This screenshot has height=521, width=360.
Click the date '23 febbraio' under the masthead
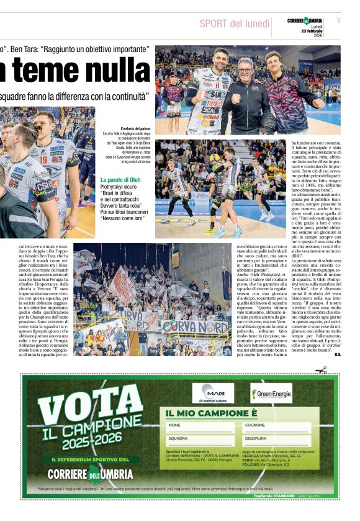point(312,32)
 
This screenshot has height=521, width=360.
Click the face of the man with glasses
point(245,68)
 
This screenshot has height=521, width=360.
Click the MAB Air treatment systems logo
point(213,393)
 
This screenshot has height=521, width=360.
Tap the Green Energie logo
point(271,393)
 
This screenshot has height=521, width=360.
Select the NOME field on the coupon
point(199,426)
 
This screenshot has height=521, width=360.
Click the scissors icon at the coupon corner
point(321,370)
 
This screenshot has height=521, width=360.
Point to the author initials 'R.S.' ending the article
point(337,355)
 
